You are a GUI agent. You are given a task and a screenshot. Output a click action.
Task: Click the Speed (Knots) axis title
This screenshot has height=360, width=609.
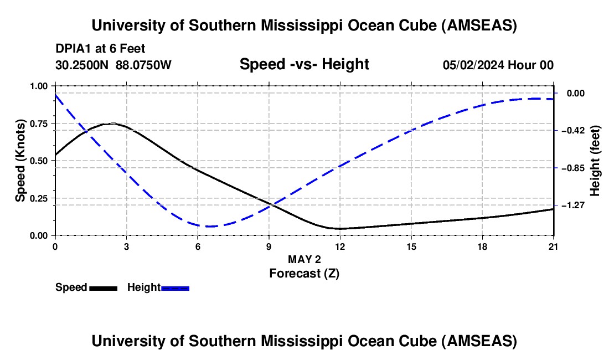20,161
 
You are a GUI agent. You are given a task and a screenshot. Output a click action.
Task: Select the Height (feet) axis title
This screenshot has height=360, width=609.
595,161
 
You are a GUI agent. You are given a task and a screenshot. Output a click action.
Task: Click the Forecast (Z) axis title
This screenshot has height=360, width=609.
304,274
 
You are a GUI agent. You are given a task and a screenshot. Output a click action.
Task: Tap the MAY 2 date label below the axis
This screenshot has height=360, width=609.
304,259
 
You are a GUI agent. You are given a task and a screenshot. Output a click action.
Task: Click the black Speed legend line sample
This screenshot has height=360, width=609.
104,288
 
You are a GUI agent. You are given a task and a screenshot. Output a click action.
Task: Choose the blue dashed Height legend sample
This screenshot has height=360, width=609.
175,288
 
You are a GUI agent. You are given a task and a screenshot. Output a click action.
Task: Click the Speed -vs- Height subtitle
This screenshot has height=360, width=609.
304,64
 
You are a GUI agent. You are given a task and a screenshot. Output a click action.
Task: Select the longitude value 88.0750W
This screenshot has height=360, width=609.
143,65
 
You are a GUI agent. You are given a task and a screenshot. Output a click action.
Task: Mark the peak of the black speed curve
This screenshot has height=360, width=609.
112,124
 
